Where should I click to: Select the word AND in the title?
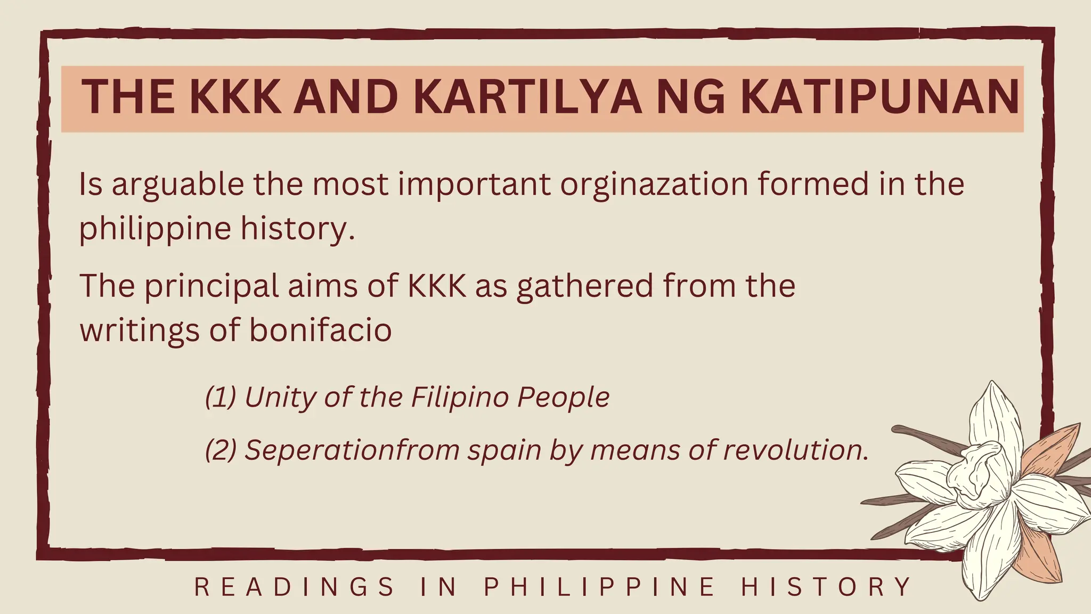pyautogui.click(x=346, y=97)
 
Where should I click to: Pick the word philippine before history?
pyautogui.click(x=155, y=229)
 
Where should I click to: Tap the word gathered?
pyautogui.click(x=584, y=286)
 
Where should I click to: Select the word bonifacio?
pyautogui.click(x=320, y=330)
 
